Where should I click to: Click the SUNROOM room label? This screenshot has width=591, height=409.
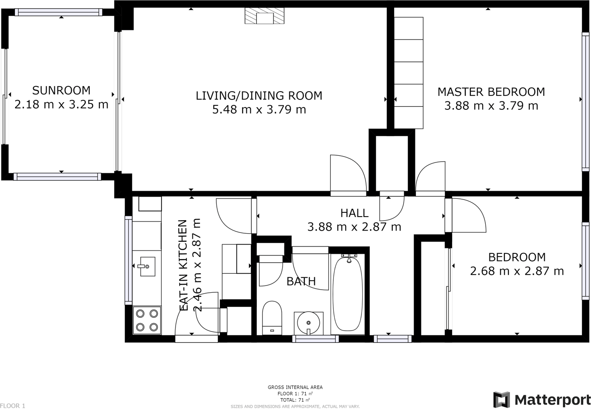(x=61, y=90)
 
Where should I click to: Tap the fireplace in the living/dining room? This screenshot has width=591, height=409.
(x=264, y=16)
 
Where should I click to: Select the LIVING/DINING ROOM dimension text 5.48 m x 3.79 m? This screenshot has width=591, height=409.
(x=259, y=109)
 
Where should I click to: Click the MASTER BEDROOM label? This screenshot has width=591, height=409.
(x=491, y=92)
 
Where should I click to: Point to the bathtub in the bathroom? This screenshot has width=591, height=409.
(x=348, y=293)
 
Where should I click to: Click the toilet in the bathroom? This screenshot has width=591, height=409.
(x=272, y=317)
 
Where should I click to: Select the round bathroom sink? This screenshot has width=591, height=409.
(x=308, y=323)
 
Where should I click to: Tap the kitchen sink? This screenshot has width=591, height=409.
(x=147, y=266)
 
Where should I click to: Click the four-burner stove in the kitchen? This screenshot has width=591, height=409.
(x=147, y=320)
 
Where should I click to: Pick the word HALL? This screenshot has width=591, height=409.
(x=354, y=212)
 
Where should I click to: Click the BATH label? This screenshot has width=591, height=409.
(x=301, y=281)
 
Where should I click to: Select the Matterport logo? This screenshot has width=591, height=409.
(x=542, y=399)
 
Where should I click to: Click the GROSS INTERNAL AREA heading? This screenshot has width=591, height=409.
(x=295, y=387)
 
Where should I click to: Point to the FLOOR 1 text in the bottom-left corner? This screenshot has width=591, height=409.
(x=13, y=405)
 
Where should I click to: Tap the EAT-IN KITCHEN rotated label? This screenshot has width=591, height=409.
(x=183, y=266)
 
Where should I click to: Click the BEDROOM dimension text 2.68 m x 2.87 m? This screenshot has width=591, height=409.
(x=517, y=271)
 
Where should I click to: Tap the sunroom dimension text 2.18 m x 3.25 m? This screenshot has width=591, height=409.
(x=61, y=104)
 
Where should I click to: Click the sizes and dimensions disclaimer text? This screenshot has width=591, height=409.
(x=295, y=406)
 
